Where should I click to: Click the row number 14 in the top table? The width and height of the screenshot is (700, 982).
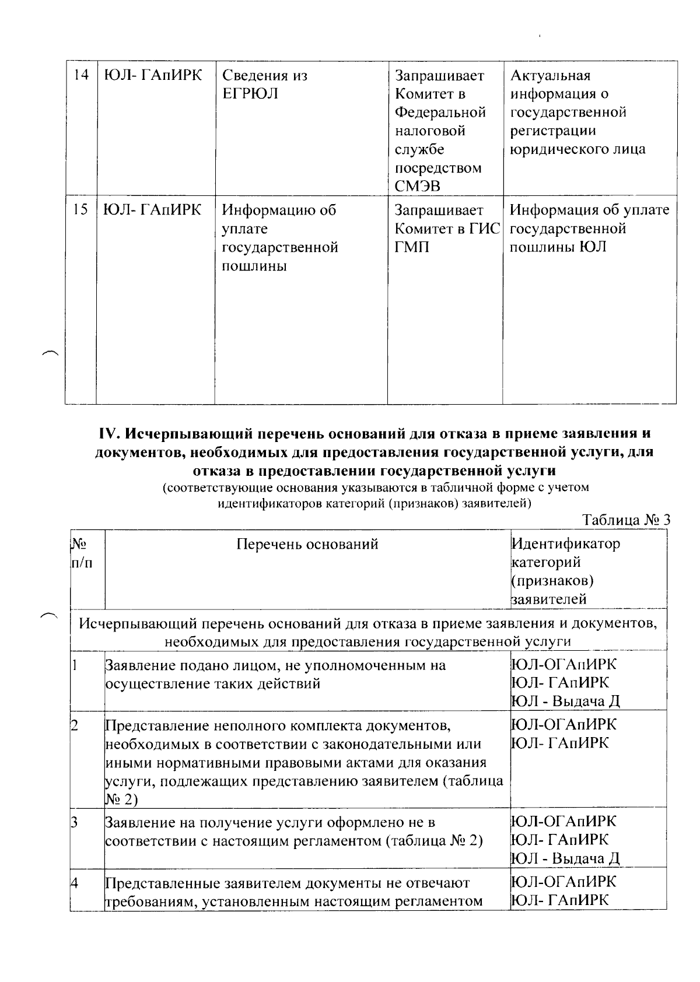(x=81, y=76)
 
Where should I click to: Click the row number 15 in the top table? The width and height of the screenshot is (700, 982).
(x=81, y=210)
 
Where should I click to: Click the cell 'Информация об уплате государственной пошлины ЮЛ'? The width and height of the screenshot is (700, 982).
(x=589, y=228)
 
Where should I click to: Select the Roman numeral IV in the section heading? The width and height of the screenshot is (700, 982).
(x=110, y=434)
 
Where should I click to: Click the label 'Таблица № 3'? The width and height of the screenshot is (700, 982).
(x=626, y=520)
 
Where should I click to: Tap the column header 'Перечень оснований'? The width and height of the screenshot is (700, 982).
(x=307, y=544)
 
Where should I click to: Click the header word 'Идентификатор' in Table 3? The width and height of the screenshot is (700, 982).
(x=566, y=544)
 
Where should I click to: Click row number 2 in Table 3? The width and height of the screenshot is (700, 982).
(x=75, y=725)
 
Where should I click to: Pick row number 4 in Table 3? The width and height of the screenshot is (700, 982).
(x=75, y=882)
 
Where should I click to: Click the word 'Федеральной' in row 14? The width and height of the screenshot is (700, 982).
(x=440, y=112)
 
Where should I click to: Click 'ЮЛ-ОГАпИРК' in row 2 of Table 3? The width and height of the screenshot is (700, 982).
(x=563, y=725)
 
